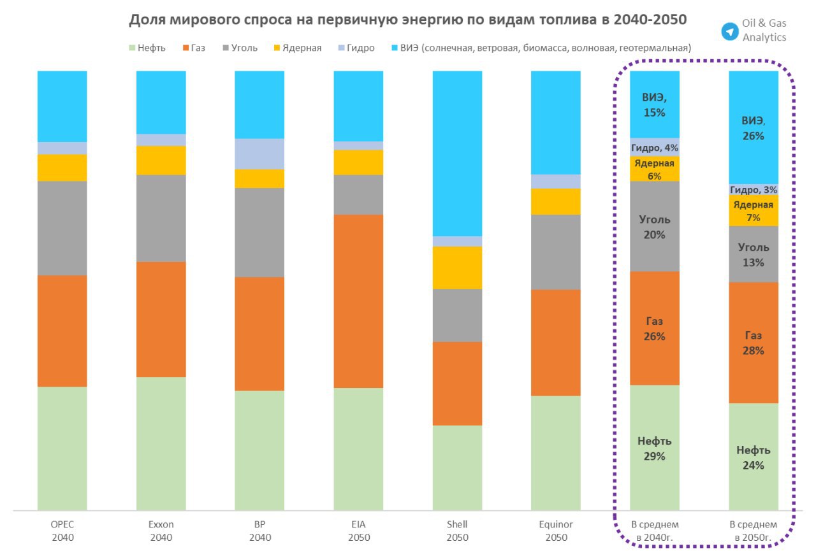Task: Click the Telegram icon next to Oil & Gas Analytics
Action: [x=729, y=31]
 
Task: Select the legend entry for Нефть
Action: [x=147, y=48]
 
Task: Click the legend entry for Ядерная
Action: [x=298, y=48]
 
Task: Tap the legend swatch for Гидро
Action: [x=341, y=48]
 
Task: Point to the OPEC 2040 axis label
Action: [x=62, y=531]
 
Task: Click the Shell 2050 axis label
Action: [x=457, y=531]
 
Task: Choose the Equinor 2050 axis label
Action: [x=556, y=531]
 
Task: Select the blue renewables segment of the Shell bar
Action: [x=457, y=153]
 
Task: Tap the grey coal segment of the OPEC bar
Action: [x=62, y=228]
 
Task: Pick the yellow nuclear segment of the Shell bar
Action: [x=457, y=268]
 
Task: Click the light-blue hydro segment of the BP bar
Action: [x=259, y=154]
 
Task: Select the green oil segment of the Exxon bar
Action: [x=161, y=443]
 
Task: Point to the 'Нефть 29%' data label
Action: [x=655, y=448]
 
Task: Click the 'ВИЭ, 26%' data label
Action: [x=753, y=128]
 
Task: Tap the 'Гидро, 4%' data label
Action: [x=655, y=148]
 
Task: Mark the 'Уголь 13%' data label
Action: [x=753, y=254]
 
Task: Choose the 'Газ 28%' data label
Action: [x=753, y=343]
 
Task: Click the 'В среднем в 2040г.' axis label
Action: [x=655, y=531]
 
